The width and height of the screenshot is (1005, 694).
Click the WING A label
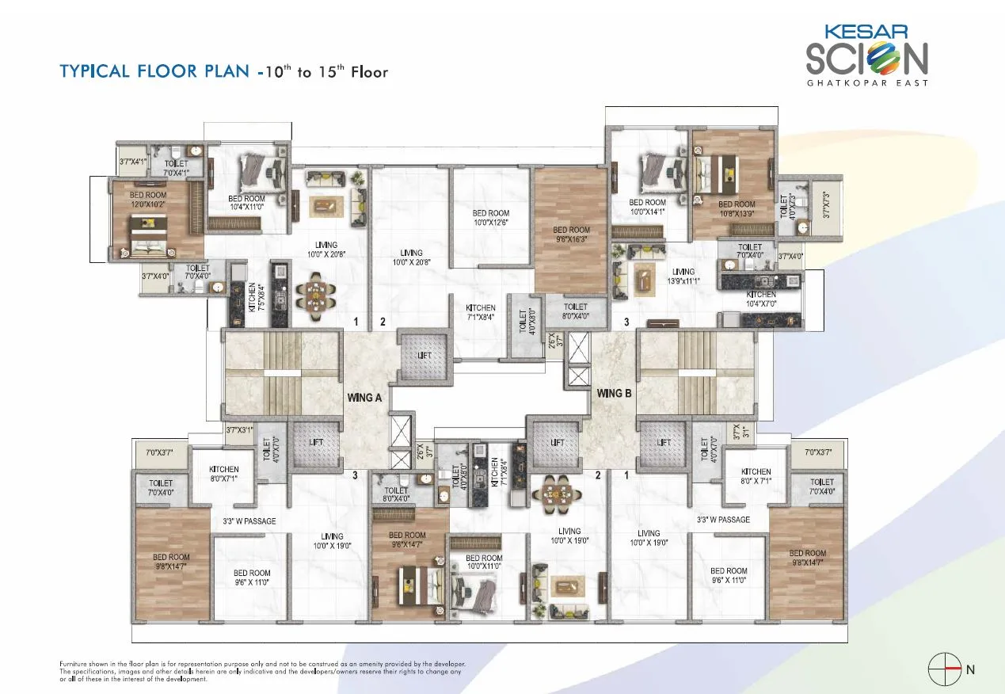364,398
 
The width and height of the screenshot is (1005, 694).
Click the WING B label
614,393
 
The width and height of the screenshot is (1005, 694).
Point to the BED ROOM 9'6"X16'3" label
571,235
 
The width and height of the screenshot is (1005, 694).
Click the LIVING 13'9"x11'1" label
683,276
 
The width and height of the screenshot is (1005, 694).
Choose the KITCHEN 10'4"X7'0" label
761,299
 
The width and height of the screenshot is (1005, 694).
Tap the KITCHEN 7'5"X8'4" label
253,297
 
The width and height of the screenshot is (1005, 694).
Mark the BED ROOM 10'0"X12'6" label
491,218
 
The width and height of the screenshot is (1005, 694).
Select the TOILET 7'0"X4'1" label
176,167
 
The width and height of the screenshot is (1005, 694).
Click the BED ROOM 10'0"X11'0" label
484,562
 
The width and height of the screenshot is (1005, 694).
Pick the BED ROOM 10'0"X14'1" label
648,208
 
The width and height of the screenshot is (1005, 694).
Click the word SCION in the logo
866,58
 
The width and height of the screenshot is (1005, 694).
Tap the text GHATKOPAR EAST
867,82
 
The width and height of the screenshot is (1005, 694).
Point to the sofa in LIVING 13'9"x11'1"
642,278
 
